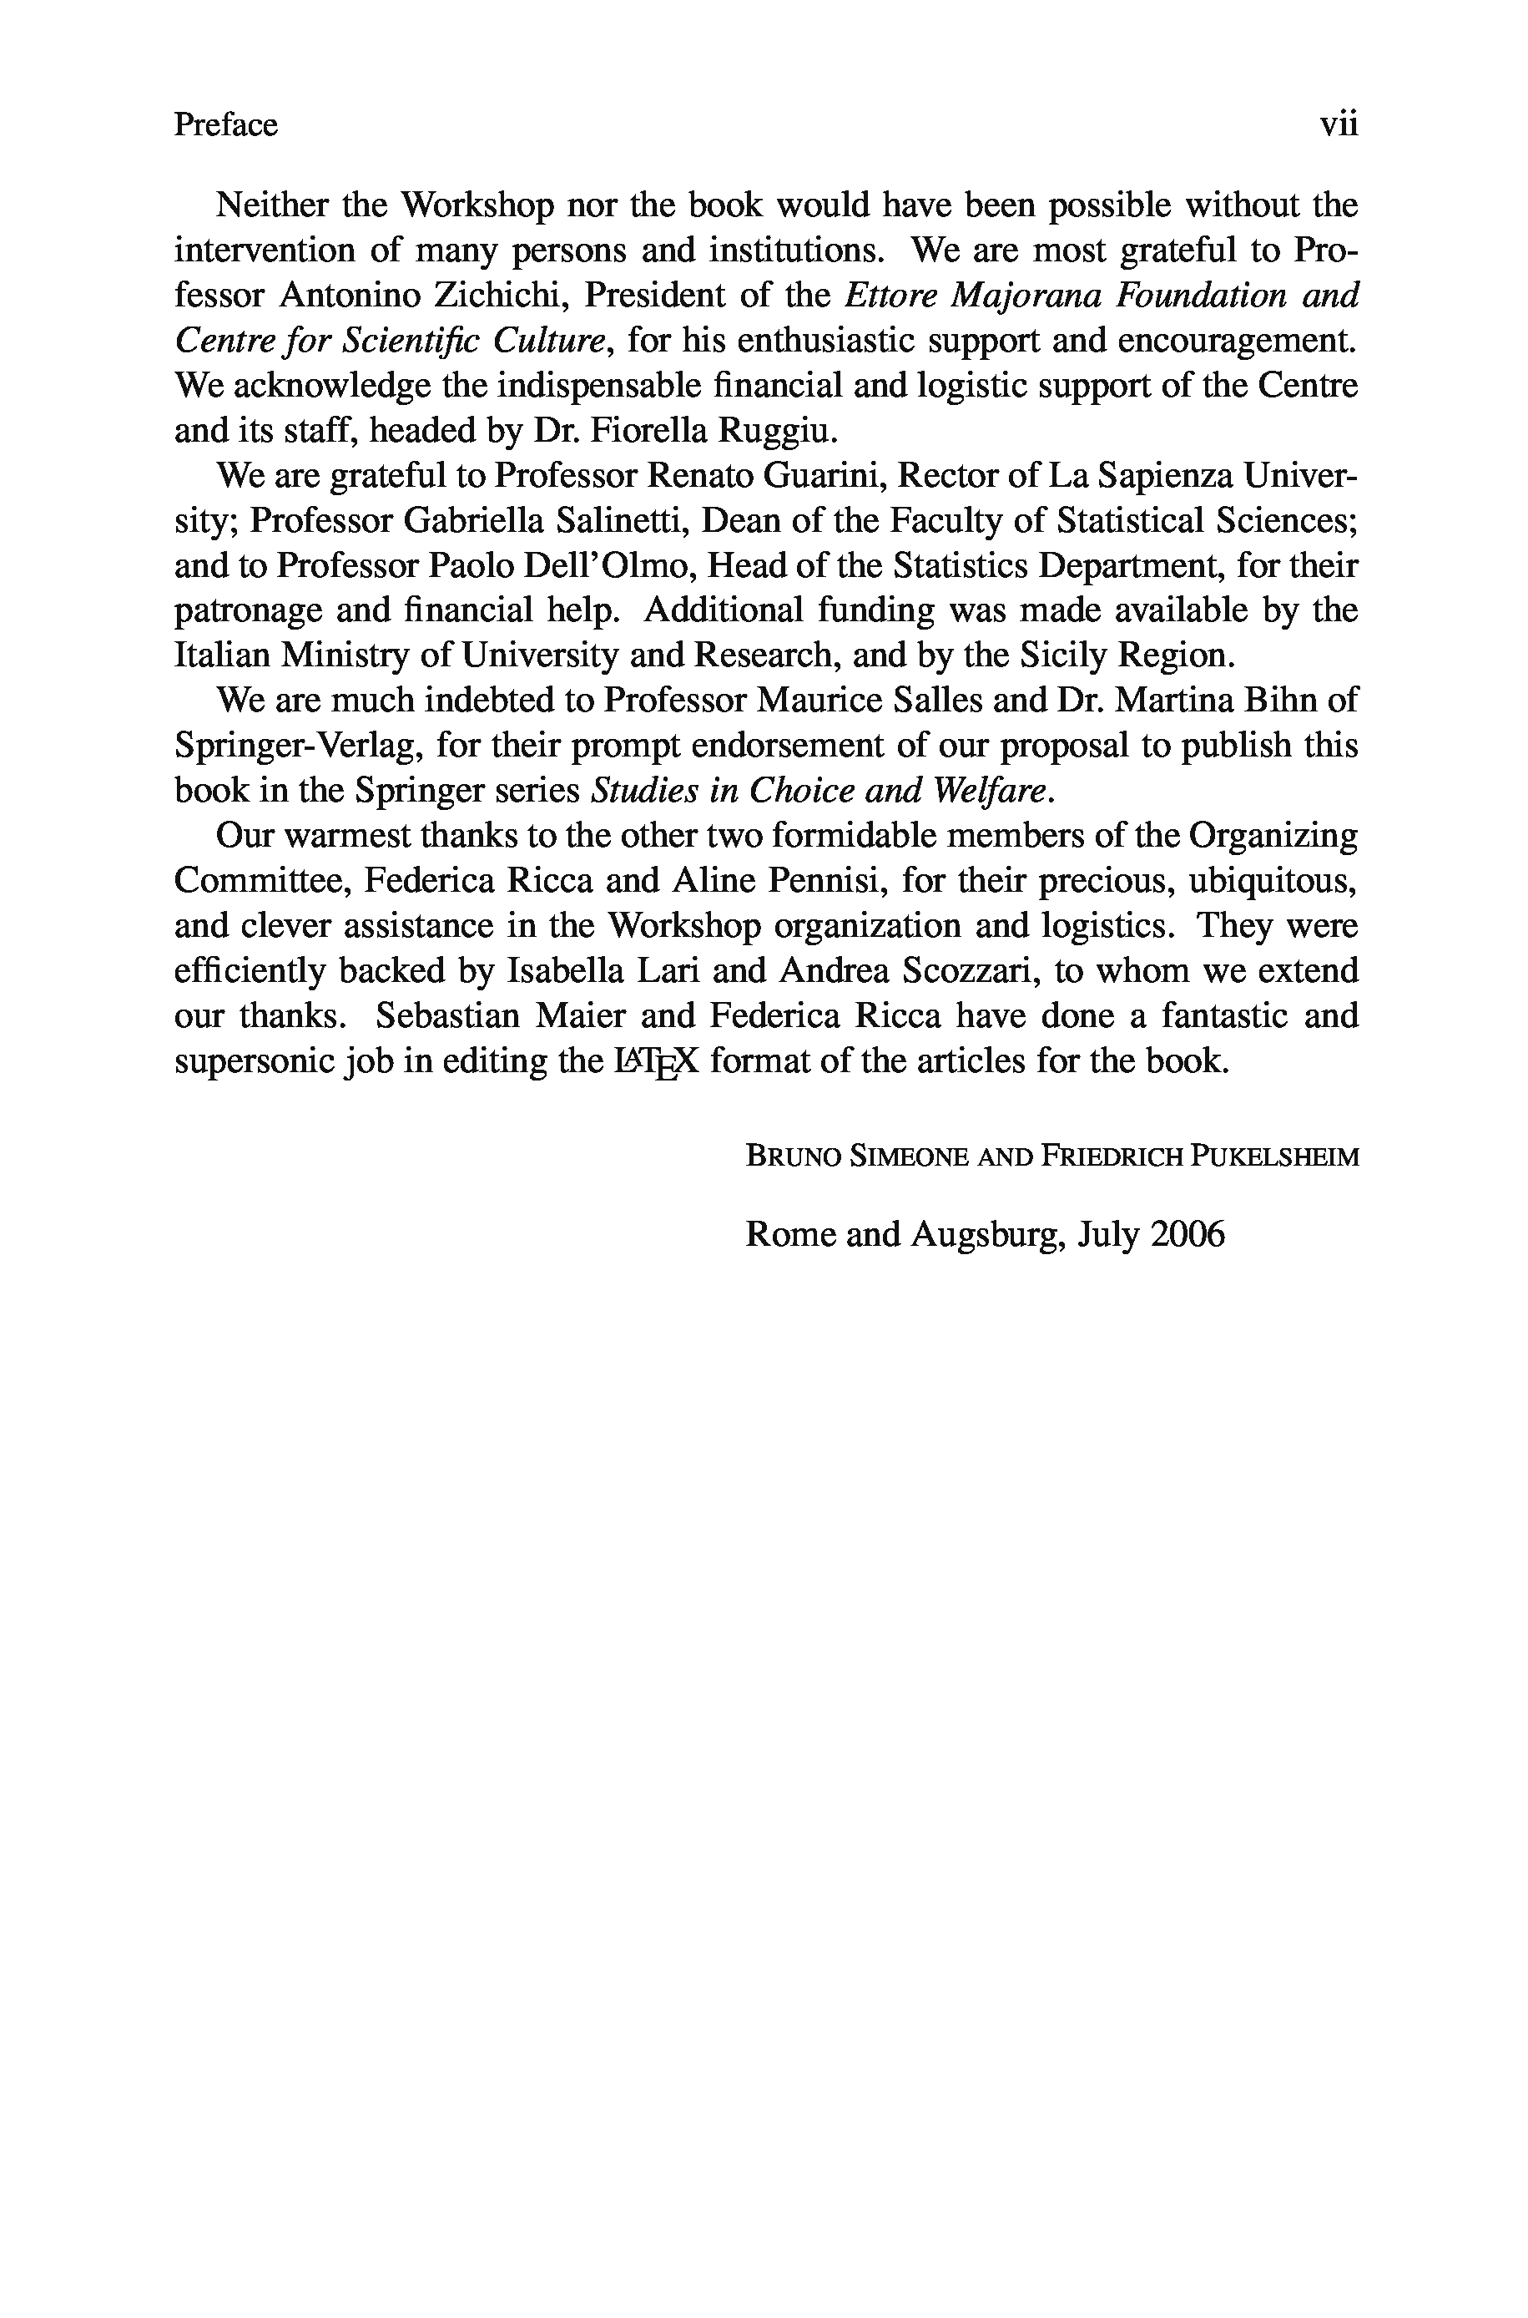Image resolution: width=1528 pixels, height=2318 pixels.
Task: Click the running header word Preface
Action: (225, 124)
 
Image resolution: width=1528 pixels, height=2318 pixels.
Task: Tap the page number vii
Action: (1338, 124)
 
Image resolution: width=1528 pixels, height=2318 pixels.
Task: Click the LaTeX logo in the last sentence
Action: (656, 1061)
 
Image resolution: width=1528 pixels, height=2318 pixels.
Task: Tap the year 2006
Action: (1186, 1234)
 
